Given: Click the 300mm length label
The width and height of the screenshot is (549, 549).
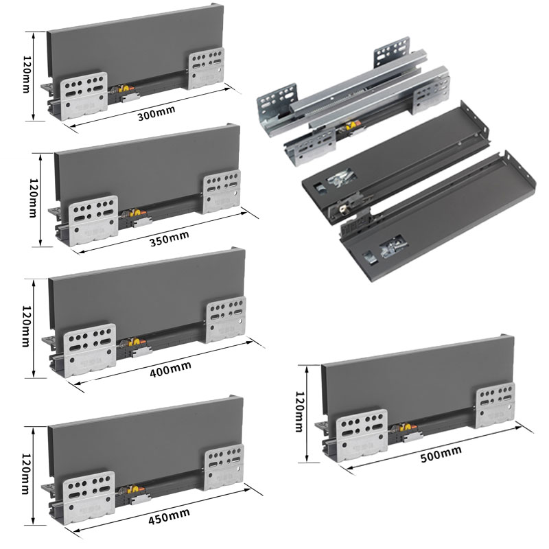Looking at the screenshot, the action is click(156, 113).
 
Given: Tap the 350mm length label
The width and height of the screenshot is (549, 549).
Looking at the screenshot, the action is click(169, 238).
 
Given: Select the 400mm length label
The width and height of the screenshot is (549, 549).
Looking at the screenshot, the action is click(170, 369).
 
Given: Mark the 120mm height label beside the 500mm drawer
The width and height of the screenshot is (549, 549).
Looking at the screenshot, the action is click(299, 412).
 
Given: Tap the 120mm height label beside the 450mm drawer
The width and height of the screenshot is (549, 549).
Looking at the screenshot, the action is click(26, 474).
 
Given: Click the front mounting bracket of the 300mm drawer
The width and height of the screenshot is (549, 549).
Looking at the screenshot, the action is click(84, 95).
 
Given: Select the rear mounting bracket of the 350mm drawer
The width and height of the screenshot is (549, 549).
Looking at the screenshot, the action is click(222, 191).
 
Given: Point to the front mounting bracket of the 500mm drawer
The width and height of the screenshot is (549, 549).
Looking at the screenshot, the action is click(362, 435).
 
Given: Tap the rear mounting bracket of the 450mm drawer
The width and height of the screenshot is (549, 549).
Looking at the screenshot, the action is click(224, 467).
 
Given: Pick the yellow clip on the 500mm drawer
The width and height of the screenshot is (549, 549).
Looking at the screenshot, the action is click(407, 427).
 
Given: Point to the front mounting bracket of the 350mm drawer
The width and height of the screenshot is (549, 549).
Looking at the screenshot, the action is click(93, 220).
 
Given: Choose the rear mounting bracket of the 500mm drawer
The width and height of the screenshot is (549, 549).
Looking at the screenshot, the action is click(495, 405).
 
